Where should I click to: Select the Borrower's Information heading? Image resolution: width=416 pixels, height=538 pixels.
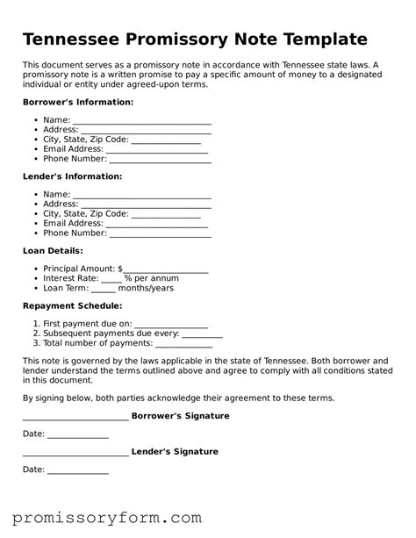click(x=78, y=103)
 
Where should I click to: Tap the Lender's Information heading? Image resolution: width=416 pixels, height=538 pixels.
click(x=72, y=176)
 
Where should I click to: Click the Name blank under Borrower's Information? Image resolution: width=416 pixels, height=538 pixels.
click(x=142, y=122)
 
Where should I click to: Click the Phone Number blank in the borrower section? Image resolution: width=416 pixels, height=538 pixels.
click(x=160, y=161)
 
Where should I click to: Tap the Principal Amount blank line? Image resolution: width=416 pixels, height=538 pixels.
click(x=166, y=270)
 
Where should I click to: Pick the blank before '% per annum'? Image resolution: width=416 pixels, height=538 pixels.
click(x=111, y=280)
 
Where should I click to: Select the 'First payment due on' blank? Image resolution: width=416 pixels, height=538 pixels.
click(x=171, y=326)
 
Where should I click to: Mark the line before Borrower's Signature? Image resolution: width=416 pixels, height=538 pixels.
click(x=75, y=418)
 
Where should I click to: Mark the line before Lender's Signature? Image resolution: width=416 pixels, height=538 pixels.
click(x=75, y=454)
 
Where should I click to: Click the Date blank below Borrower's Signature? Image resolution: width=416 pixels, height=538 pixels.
click(x=77, y=436)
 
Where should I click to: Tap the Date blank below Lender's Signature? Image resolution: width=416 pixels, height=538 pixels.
click(x=77, y=472)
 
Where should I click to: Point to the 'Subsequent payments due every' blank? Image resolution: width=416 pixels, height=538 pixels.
click(x=202, y=335)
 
